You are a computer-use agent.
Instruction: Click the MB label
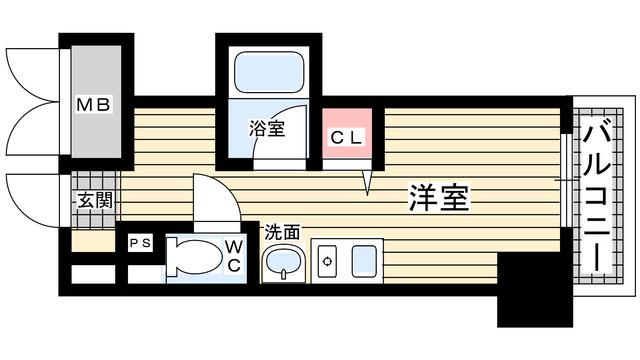(x=97, y=104)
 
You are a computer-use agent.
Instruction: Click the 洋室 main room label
(x=438, y=197)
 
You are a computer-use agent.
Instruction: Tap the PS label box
(x=139, y=243)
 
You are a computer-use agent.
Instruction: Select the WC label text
(x=232, y=255)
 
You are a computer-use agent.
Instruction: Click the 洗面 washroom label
(x=282, y=231)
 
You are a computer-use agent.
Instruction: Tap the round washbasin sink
(x=281, y=265)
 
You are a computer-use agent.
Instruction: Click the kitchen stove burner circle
(x=326, y=261)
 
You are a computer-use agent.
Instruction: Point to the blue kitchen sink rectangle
(x=365, y=262)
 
